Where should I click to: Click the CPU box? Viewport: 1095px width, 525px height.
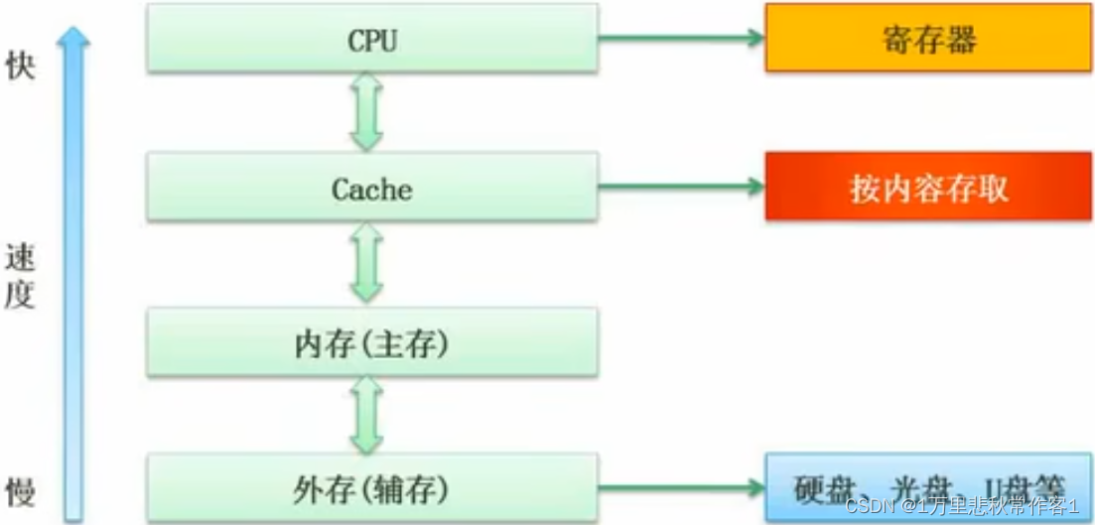372,38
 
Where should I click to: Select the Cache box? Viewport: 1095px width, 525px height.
372,187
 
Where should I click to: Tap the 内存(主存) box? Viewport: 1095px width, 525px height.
372,342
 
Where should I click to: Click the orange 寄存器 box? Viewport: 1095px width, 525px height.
928,38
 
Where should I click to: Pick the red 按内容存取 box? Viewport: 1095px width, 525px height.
928,187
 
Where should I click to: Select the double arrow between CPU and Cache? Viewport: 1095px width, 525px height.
366,111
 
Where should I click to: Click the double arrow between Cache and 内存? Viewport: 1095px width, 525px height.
366,262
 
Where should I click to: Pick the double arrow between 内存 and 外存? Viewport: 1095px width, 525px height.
366,417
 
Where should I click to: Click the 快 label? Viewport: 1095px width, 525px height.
20,67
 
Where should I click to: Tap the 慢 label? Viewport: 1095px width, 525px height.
20,490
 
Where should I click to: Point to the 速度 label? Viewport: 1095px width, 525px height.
20,277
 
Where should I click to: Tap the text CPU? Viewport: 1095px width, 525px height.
371,41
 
